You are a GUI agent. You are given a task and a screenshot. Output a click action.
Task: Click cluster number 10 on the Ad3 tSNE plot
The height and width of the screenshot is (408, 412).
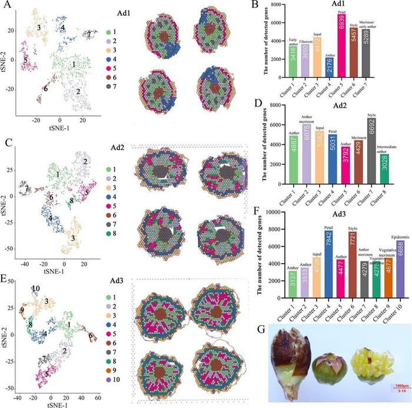[x=36, y=288]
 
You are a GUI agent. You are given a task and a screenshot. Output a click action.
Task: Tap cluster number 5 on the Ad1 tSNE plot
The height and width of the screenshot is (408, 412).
[x=25, y=60]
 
